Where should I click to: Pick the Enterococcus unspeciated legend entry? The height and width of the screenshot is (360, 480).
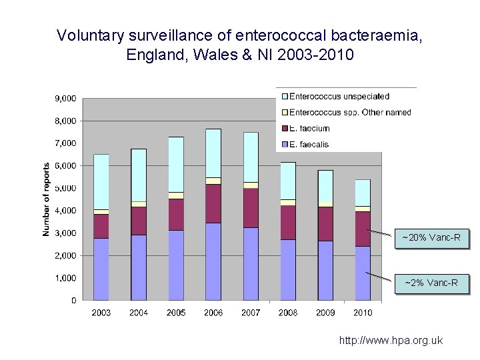pyautogui.click(x=339, y=97)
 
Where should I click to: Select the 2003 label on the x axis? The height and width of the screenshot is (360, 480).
pyautogui.click(x=101, y=312)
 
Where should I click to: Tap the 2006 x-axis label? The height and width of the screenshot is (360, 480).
pyautogui.click(x=213, y=312)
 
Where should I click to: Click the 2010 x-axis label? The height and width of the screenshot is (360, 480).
pyautogui.click(x=363, y=312)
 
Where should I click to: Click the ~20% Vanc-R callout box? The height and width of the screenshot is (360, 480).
pyautogui.click(x=431, y=238)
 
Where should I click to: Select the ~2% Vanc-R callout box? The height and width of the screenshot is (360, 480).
pyautogui.click(x=431, y=283)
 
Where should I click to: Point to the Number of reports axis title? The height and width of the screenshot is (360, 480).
pyautogui.click(x=47, y=199)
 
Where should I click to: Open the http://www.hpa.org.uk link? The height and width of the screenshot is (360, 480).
pyautogui.click(x=391, y=341)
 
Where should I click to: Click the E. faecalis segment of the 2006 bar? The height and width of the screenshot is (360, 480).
pyautogui.click(x=213, y=261)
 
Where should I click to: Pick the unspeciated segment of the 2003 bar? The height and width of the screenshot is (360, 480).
pyautogui.click(x=101, y=181)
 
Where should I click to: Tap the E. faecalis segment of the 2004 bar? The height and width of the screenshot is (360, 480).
pyautogui.click(x=139, y=267)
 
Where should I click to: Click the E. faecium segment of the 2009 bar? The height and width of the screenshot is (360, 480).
pyautogui.click(x=325, y=223)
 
